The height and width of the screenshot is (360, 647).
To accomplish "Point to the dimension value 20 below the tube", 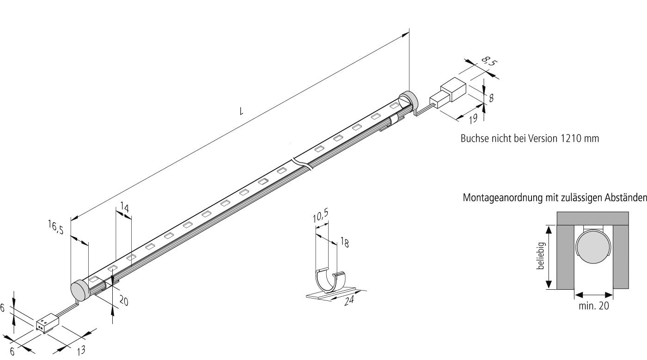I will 123,301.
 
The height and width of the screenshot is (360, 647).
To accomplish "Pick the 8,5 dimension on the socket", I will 487,61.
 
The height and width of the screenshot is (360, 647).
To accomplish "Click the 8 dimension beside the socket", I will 491,98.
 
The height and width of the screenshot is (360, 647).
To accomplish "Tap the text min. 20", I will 594,305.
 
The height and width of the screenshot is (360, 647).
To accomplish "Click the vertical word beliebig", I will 541,257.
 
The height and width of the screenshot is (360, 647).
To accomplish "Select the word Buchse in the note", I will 473,139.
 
